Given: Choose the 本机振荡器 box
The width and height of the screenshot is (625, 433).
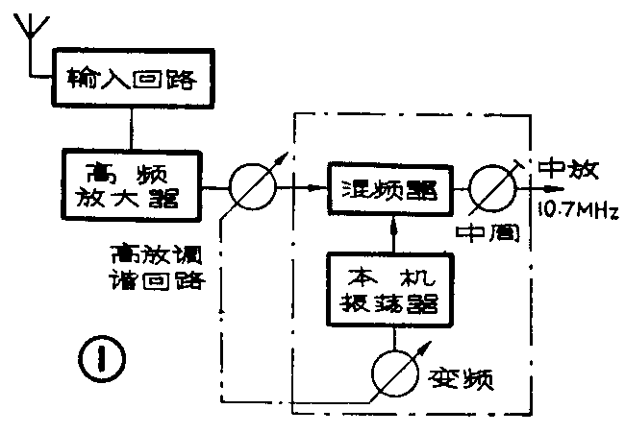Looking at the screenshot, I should click(x=389, y=288).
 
